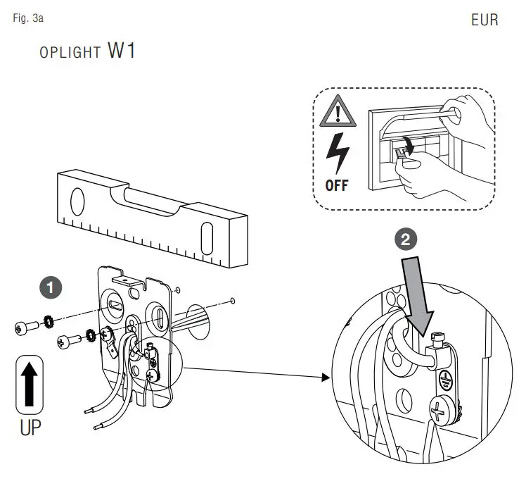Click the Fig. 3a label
click(x=28, y=18)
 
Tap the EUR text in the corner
click(x=485, y=20)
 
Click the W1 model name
click(x=122, y=52)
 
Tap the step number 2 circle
click(x=404, y=240)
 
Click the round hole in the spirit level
click(x=78, y=202)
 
